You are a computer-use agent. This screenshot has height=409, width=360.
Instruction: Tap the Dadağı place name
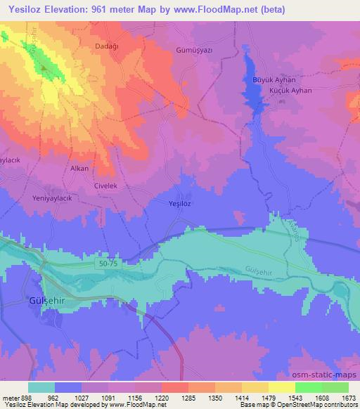[107, 46]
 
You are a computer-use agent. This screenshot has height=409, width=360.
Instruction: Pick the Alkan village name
[79, 169]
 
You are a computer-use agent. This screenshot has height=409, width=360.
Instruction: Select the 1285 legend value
[188, 397]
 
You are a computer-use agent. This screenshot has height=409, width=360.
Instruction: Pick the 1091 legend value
[108, 397]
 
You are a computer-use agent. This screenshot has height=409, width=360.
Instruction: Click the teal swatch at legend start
[41, 387]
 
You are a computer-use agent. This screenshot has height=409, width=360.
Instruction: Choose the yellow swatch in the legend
[281, 387]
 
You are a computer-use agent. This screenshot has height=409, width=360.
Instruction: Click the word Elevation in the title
[72, 9]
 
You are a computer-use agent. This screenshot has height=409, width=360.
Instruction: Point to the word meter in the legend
[10, 397]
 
